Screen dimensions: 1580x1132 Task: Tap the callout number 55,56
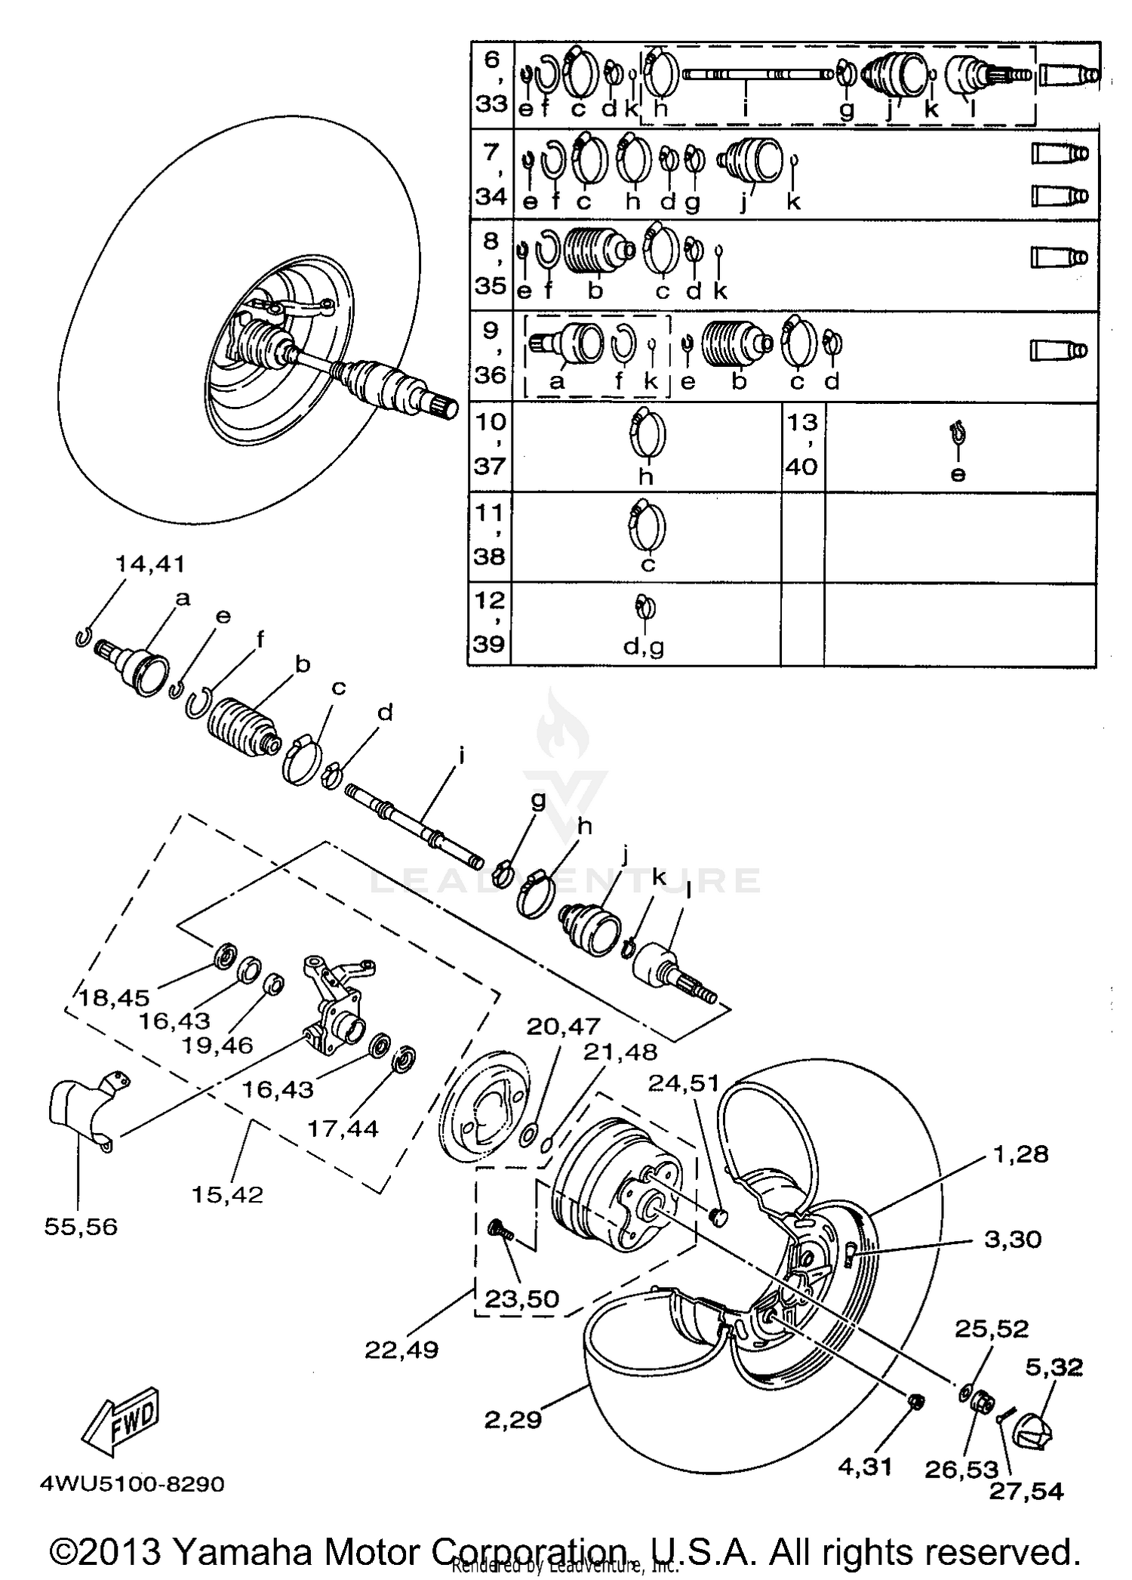(81, 1227)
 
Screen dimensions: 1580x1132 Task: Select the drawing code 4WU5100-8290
(132, 1484)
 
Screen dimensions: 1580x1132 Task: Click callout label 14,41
(149, 564)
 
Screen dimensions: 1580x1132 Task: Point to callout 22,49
(401, 1349)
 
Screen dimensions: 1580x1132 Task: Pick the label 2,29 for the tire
(512, 1420)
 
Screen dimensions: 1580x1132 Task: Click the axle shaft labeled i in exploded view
(414, 827)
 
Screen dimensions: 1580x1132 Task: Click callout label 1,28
(1021, 1153)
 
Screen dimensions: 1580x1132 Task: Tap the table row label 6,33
(492, 82)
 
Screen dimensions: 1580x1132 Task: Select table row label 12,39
(490, 623)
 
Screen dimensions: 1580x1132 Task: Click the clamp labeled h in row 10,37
(647, 436)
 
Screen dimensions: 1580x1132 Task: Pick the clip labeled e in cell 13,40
(958, 434)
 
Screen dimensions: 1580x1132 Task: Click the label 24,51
(684, 1083)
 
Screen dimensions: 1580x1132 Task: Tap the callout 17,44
(343, 1129)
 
